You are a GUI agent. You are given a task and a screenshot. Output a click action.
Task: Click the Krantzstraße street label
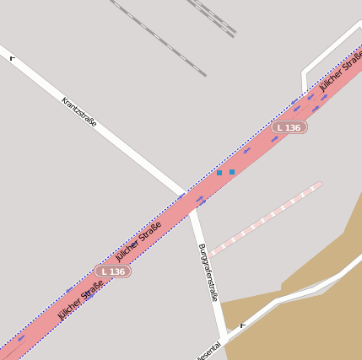coord(79,111)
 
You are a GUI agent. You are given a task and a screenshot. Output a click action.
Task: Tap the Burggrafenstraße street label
coord(208,271)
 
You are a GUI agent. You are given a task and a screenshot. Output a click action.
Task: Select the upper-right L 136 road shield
coord(289,127)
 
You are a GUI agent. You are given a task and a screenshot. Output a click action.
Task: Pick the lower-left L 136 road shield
coord(112,271)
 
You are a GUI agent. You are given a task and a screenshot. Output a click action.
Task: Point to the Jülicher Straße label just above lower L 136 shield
coord(138,241)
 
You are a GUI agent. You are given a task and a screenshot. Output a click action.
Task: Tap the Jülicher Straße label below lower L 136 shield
coord(81,299)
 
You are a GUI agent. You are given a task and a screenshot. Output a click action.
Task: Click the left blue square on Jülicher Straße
coord(219,172)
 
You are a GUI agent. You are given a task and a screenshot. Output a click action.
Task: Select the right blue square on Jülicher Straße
coord(232,172)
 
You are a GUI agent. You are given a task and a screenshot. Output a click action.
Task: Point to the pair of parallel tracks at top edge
coord(211,17)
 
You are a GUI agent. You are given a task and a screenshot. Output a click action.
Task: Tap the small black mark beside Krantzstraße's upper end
coord(12,58)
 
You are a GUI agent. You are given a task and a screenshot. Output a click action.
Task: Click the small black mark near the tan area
coord(243,325)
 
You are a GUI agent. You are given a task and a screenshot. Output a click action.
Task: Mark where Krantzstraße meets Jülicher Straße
coord(186,196)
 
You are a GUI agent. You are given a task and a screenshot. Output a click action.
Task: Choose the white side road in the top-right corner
coord(329,51)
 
